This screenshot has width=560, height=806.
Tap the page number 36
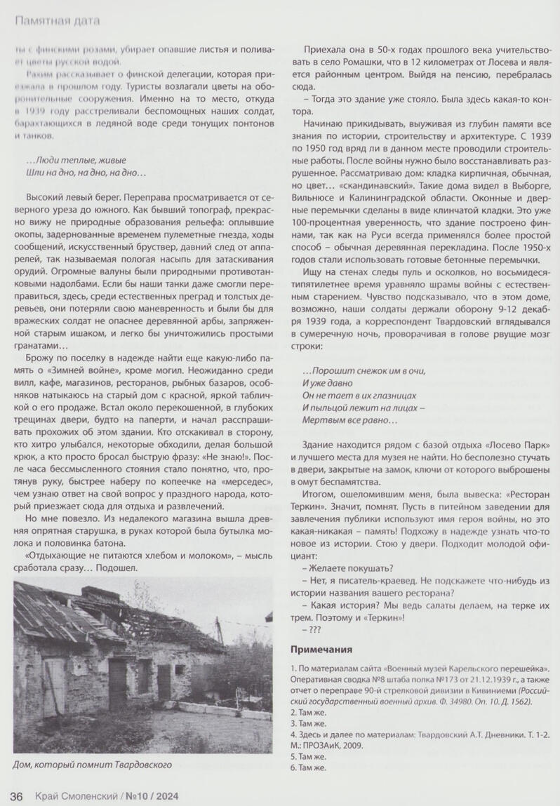click(x=17, y=795)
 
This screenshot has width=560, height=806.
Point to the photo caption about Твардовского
click(x=92, y=764)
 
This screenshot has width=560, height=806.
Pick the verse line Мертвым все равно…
click(x=349, y=420)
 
